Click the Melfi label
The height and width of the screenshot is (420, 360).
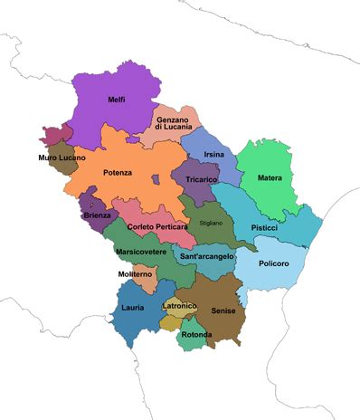point(117,99)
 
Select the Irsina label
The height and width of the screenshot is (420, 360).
point(213,155)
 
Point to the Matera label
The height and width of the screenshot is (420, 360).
point(270,177)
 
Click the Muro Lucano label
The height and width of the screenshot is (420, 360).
point(62,157)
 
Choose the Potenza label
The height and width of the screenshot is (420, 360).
point(118,172)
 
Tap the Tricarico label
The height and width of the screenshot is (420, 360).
point(201,180)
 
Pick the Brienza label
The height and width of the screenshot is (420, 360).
point(97,215)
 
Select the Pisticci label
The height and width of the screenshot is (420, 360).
point(264,227)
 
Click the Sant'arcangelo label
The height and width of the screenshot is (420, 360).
point(207,257)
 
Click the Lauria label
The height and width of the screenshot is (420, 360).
point(132,308)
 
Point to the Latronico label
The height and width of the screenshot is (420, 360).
point(179,306)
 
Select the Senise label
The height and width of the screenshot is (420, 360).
point(223,310)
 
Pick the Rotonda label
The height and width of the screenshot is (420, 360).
point(196,335)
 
